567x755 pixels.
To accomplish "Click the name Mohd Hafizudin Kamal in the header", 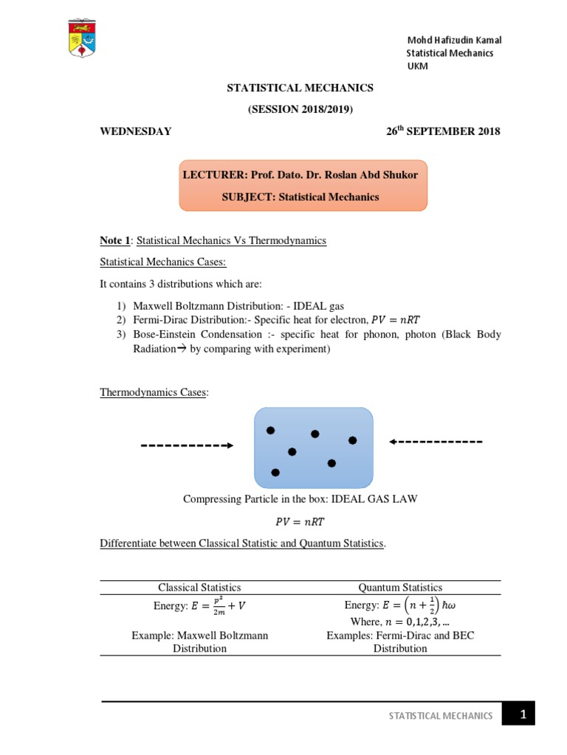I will click(453, 41).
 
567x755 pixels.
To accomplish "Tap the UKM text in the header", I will click(417, 66).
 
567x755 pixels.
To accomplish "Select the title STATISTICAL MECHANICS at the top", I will click(300, 88).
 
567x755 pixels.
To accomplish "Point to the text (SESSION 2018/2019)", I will click(300, 110).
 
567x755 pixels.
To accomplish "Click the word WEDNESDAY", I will click(136, 132).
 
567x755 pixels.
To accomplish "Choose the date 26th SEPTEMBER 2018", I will click(443, 132).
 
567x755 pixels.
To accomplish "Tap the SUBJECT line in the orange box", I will click(300, 197).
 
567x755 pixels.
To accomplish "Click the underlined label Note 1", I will click(116, 241).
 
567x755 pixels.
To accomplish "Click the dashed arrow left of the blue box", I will click(187, 445).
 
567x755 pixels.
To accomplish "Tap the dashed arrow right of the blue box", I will click(436, 442).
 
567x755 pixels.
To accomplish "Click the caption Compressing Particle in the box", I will click(300, 499).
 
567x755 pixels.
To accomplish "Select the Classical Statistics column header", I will click(199, 588).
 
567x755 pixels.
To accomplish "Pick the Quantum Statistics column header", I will click(400, 588).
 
